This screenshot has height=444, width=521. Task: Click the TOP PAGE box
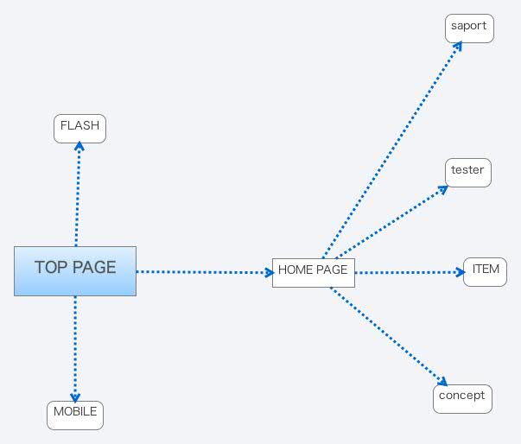click(x=75, y=271)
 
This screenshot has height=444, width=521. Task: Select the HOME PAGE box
click(x=314, y=273)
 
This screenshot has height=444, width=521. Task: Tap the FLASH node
click(x=79, y=129)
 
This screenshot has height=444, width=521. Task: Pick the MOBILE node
click(x=75, y=415)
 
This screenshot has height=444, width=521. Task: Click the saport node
click(x=469, y=29)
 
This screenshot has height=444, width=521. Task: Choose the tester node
click(x=467, y=173)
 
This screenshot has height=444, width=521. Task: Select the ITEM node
click(x=485, y=272)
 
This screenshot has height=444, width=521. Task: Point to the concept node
click(x=462, y=399)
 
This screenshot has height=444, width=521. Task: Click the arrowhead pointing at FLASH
click(x=79, y=145)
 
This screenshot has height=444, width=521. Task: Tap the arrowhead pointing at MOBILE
click(x=75, y=398)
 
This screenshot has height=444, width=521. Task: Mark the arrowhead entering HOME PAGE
click(x=270, y=273)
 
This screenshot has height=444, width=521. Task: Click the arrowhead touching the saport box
click(x=458, y=46)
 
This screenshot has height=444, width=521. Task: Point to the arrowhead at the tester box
click(x=443, y=189)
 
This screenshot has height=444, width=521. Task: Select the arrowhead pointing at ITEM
click(x=461, y=272)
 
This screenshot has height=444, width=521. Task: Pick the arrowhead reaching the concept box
click(x=443, y=381)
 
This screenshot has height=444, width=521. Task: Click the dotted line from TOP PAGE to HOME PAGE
click(x=205, y=272)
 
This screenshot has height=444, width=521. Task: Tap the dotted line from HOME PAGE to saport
click(x=392, y=150)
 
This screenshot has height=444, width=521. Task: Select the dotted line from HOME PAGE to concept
click(x=389, y=337)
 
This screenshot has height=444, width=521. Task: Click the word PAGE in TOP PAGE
click(x=94, y=267)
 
